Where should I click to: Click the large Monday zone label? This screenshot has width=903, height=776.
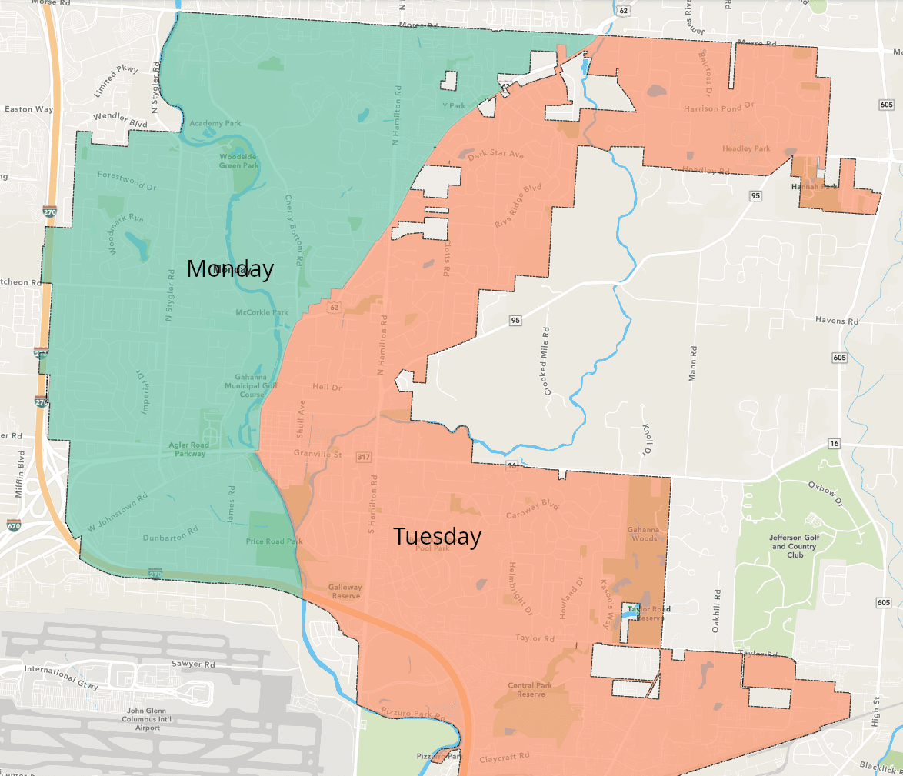(230, 268)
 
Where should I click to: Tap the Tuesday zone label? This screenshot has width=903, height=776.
(437, 536)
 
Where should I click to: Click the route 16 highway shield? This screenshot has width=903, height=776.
(834, 444)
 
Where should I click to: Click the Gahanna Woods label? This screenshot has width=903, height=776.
(642, 534)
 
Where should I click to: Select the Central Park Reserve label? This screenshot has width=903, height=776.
(531, 689)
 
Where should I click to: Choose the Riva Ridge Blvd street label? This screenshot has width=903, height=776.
(518, 205)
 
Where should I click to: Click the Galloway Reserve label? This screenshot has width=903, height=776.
(345, 591)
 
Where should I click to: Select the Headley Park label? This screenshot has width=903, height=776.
(746, 148)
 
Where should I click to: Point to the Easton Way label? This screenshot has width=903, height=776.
(28, 109)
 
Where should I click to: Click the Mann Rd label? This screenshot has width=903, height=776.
(693, 364)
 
